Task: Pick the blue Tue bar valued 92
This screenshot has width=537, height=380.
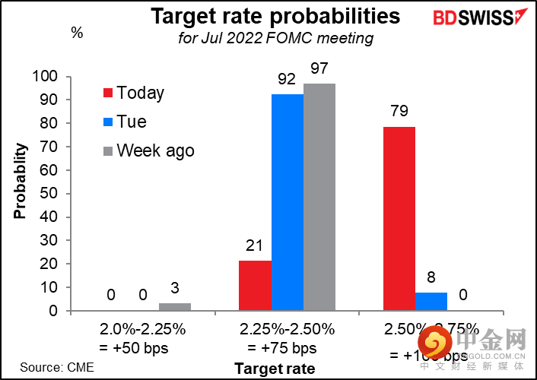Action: pyautogui.click(x=288, y=202)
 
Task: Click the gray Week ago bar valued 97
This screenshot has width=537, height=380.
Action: pyautogui.click(x=319, y=197)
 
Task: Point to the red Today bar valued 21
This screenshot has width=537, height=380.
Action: pyautogui.click(x=255, y=286)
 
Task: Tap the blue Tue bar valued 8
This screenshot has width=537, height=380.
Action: pyautogui.click(x=431, y=302)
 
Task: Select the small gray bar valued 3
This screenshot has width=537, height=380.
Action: pyautogui.click(x=175, y=307)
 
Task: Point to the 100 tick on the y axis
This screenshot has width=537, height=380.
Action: pyautogui.click(x=46, y=77)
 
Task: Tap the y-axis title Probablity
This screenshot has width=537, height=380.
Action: pyautogui.click(x=20, y=179)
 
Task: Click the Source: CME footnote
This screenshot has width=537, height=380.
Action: pyautogui.click(x=52, y=368)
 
